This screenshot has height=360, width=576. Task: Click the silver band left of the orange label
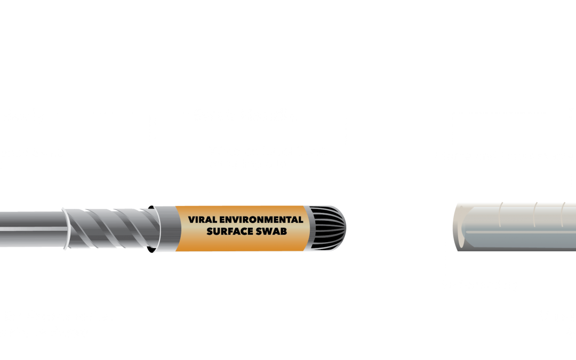[165, 229]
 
